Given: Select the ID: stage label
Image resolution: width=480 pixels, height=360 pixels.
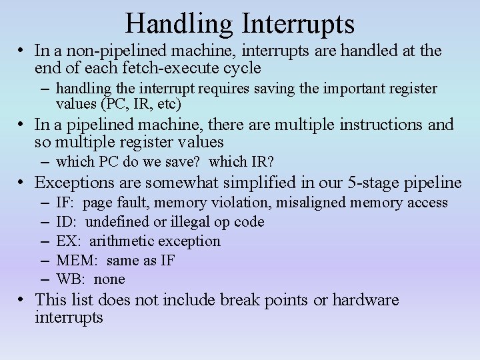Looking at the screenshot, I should coord(67,222).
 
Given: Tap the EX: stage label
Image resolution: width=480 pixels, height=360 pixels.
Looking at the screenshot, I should coord(69,241).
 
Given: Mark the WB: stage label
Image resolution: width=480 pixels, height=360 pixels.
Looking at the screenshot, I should coord(71,279).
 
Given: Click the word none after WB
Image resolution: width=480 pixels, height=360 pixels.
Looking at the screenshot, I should coord(109,279).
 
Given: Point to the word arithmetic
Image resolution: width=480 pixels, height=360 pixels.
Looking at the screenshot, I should coord(119,241).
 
